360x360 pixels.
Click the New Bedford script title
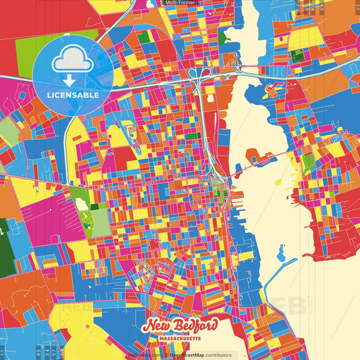[180, 326]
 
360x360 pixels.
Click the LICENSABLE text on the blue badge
[73, 95]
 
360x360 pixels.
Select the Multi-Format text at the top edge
[180, 3]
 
